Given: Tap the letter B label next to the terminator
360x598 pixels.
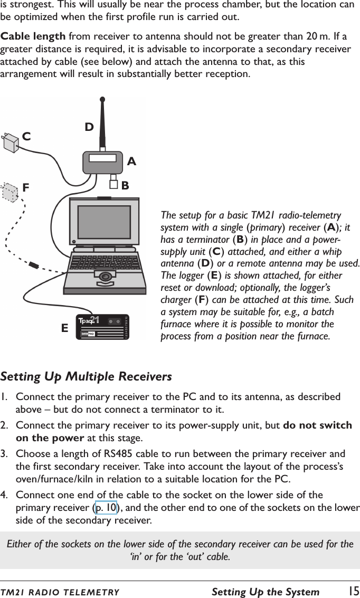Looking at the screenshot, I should coord(125,185).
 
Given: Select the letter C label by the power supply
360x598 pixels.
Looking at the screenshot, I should coord(26,136).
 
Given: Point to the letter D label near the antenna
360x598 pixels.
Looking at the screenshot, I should coord(89,127).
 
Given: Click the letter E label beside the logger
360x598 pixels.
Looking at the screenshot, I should coord(64,328).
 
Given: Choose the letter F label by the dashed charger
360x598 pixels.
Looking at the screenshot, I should coord(26,187).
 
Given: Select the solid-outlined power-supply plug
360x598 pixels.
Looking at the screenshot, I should coord(11,143).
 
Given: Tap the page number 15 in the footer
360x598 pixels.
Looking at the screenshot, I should coord(353,591).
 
